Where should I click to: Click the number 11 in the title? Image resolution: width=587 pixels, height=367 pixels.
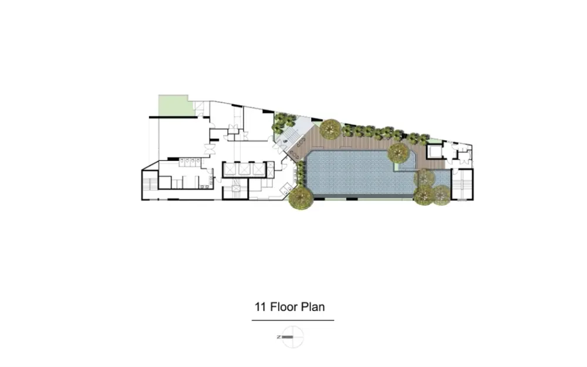pos(260,307)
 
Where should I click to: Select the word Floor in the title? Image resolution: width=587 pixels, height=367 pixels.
pos(284,307)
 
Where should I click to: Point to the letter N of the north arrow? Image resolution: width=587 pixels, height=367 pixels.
pos(278,337)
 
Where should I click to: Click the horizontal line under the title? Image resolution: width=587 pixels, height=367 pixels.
pos(293,320)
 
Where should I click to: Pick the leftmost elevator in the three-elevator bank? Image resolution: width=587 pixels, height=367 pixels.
pos(230,169)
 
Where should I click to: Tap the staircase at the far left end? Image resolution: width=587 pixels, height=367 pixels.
pos(150,184)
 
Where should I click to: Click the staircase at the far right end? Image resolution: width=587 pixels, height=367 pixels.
pos(463,184)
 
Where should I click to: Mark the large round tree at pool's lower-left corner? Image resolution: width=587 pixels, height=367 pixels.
pos(301,197)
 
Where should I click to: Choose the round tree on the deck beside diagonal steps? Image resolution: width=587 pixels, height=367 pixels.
pos(330,129)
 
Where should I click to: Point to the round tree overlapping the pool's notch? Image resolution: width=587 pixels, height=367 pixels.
pos(399,153)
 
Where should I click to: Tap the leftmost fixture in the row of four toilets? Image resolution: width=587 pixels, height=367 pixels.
pos(181,162)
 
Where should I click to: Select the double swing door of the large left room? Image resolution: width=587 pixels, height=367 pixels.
pos(208,149)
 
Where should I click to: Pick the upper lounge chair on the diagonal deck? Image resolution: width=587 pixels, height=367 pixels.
pos(301,142)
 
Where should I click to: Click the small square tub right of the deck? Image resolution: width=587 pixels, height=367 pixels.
pos(434,151)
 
